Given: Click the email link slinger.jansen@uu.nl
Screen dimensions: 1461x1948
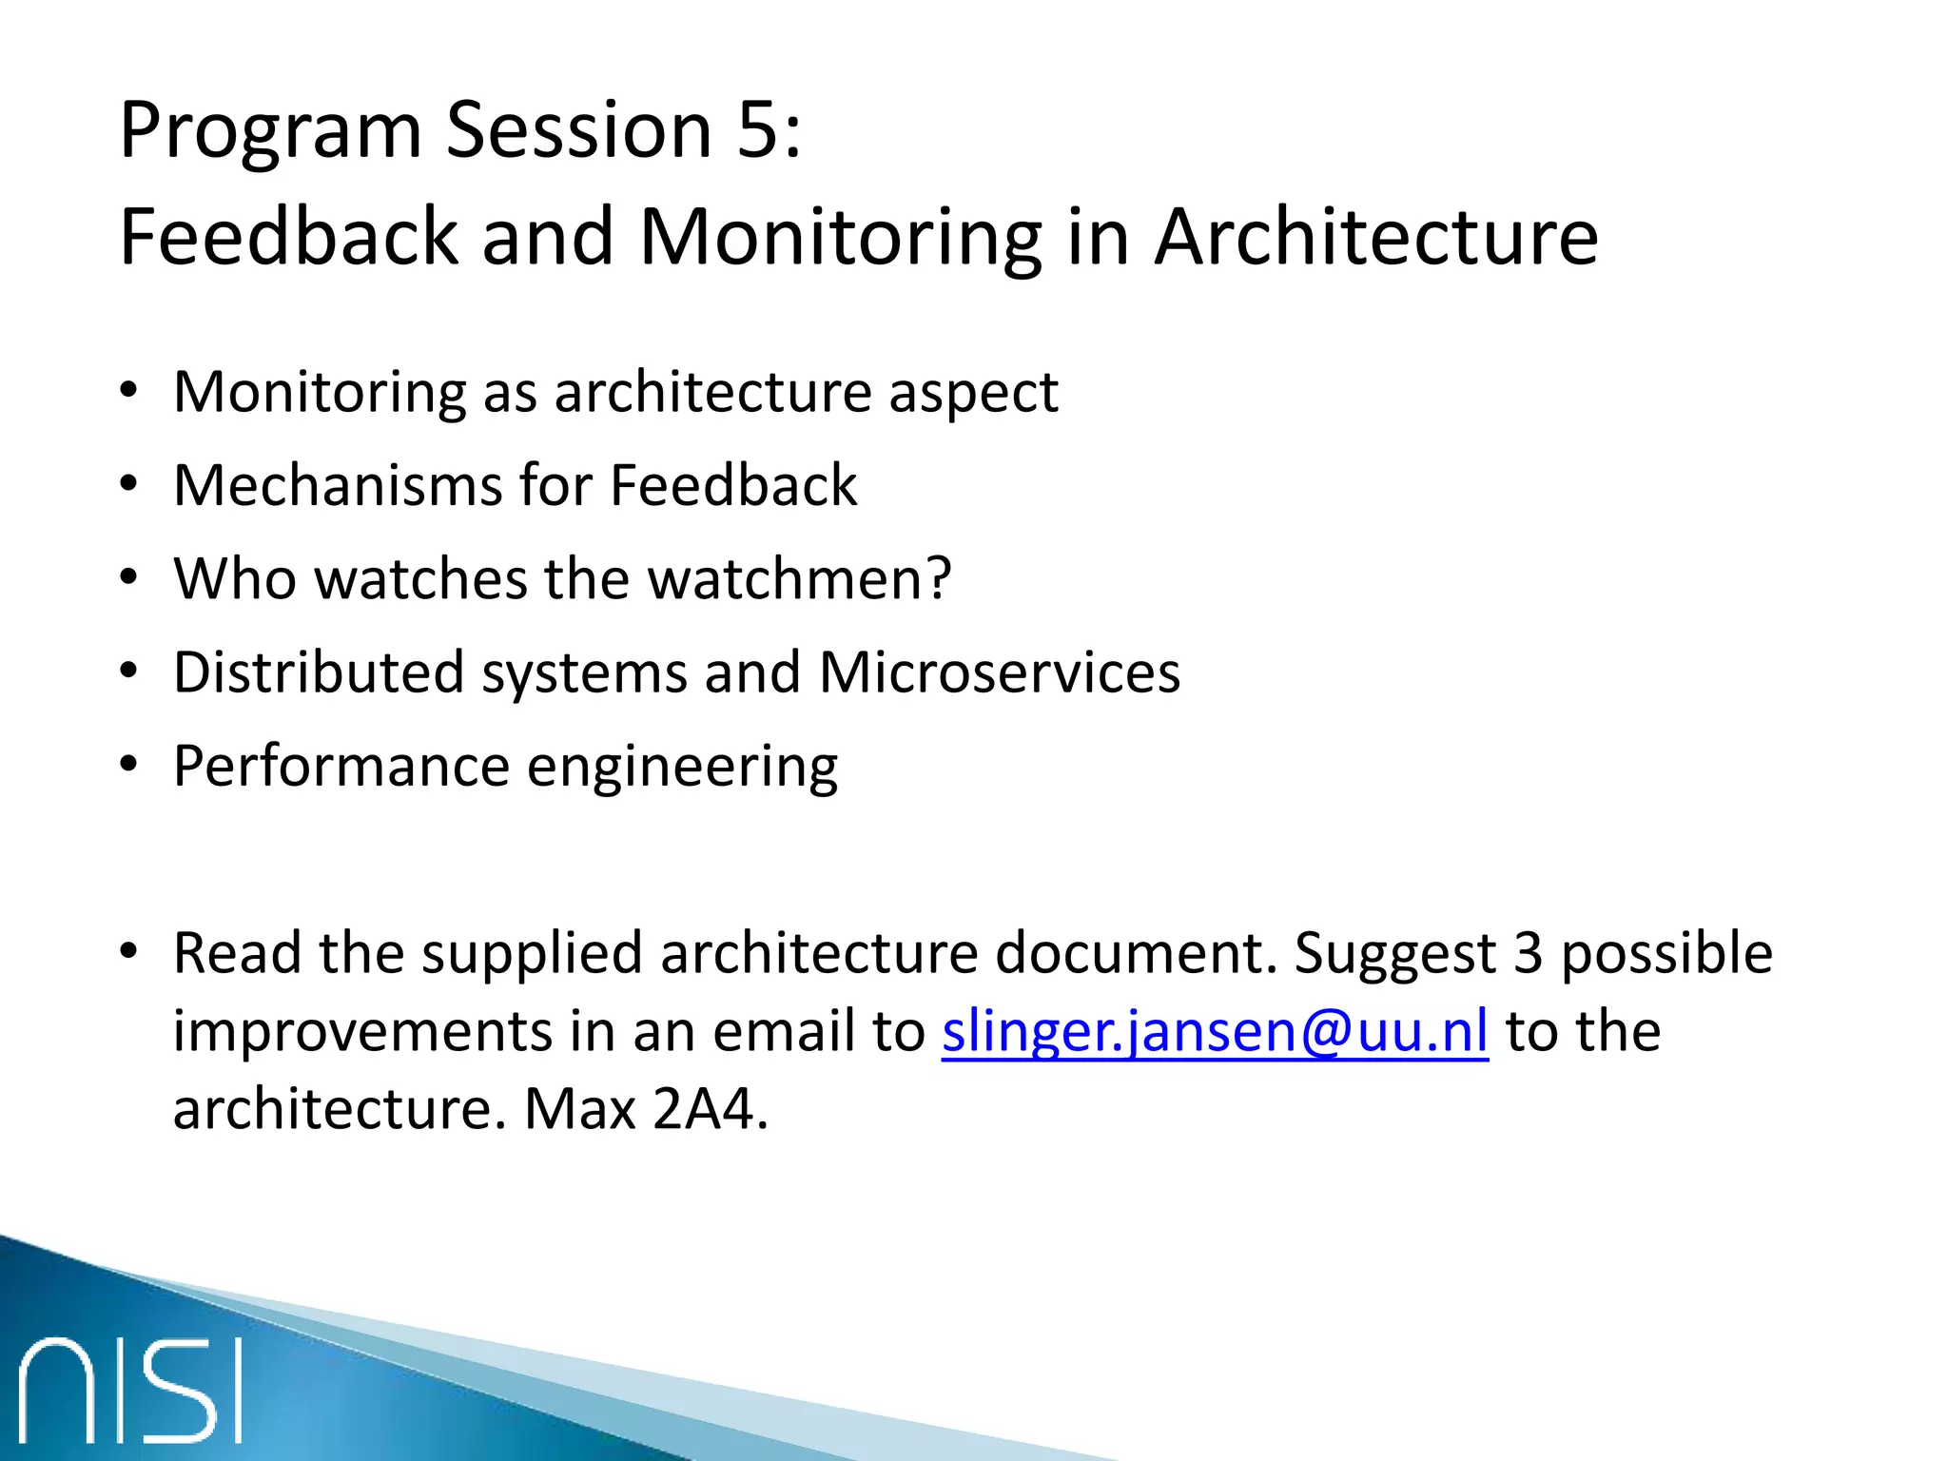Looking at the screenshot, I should coord(1215,1032).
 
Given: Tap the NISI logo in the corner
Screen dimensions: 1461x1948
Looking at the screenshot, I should coord(131,1391).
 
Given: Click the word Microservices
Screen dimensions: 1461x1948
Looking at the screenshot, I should coord(999,672).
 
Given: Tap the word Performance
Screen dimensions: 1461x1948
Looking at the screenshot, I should coord(341,767).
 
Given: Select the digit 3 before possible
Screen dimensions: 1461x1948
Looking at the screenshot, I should coord(1528,953).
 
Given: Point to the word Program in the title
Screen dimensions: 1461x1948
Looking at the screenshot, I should coord(270,132).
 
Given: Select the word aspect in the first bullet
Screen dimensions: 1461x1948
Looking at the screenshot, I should coord(973,392).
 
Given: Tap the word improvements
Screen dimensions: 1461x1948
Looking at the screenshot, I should coord(361,1032).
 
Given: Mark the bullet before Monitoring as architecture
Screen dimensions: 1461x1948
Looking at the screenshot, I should coord(129,391).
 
